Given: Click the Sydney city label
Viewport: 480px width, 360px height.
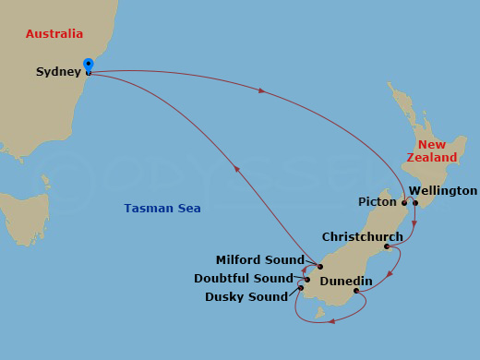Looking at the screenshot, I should point(58,72).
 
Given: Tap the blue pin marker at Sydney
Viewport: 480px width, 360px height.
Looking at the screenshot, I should point(88,65).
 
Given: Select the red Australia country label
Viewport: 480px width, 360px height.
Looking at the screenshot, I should point(54,34).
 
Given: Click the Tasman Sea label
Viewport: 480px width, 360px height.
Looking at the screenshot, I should point(162,209).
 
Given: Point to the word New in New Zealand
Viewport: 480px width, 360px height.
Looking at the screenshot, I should point(432,145).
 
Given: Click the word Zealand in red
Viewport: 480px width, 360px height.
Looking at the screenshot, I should point(433,158).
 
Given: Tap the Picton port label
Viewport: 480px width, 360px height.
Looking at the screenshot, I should point(377,201).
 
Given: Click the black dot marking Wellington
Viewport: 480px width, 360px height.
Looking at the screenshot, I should point(415,203).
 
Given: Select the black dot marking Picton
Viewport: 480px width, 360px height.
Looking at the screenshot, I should point(403,201).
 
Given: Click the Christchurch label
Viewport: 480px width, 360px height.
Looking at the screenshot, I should point(362,237).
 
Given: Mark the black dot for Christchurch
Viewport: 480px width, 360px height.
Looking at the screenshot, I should point(386,246).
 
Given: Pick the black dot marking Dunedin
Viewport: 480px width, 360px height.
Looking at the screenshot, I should point(356,292).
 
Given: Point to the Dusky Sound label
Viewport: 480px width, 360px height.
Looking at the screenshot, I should point(246,296).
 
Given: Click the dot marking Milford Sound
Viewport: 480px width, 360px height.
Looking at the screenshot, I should point(319,267).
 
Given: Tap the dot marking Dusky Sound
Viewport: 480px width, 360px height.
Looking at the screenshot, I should point(302,289).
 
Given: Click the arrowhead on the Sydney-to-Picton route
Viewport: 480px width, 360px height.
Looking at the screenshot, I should point(262,90).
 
